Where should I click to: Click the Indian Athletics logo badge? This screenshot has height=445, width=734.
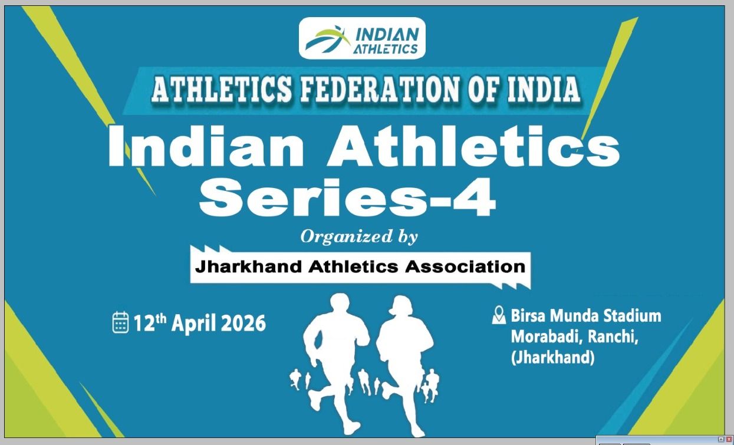tap(362, 38)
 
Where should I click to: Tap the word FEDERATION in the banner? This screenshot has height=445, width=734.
tap(380, 89)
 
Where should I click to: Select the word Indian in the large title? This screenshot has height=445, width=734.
tap(206, 147)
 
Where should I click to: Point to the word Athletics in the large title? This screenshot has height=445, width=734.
tap(473, 147)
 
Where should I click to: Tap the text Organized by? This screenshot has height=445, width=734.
tap(359, 237)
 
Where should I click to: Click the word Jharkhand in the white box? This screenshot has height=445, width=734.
tap(248, 267)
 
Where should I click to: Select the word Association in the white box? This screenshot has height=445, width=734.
tap(465, 267)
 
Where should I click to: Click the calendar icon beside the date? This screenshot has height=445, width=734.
tap(120, 322)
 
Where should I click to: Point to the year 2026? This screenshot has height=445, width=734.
tap(243, 323)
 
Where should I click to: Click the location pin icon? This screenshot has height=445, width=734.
tap(499, 315)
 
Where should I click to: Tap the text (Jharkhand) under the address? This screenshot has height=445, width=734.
tap(552, 357)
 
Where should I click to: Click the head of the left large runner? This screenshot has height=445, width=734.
tap(340, 304)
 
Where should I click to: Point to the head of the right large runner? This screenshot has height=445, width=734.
tap(400, 306)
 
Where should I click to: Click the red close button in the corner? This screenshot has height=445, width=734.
tap(729, 440)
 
